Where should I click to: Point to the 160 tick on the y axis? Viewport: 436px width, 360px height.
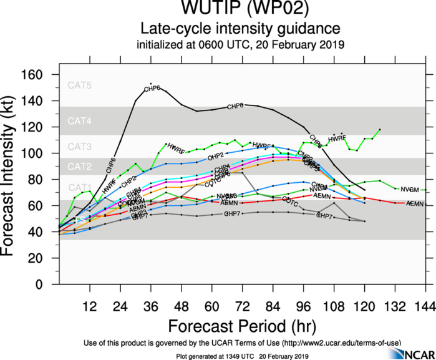(x=39, y=75)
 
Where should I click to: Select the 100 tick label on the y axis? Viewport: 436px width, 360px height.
(x=39, y=153)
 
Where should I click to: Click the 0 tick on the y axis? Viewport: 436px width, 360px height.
(x=46, y=285)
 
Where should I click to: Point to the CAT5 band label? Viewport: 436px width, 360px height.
(x=80, y=85)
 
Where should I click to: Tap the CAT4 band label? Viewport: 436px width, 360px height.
(x=80, y=122)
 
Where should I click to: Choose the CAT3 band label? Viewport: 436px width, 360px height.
(x=80, y=147)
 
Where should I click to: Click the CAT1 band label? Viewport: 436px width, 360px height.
(x=80, y=187)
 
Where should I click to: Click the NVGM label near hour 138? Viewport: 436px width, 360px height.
(x=409, y=189)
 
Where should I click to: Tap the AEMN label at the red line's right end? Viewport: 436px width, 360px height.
(x=415, y=204)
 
